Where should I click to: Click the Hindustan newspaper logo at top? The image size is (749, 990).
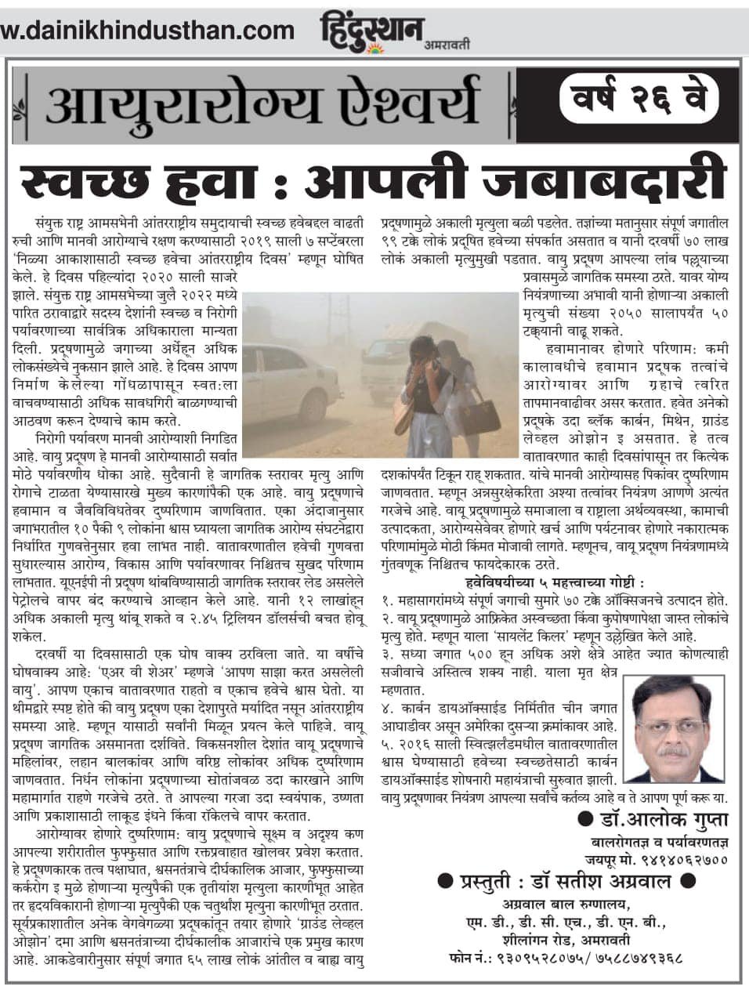(x=371, y=30)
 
